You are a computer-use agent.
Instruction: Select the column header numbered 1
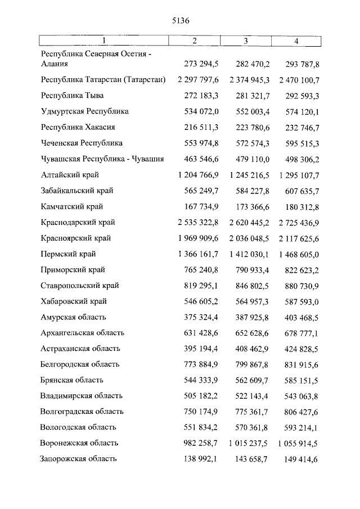click(103, 40)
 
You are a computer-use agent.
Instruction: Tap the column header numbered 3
click(246, 40)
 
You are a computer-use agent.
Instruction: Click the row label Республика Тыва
click(72, 96)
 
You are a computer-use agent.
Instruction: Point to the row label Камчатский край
click(71, 206)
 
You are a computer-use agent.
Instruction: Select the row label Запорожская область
click(78, 459)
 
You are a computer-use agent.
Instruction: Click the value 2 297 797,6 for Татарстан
click(198, 80)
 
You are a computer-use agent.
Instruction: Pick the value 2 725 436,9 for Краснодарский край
click(299, 222)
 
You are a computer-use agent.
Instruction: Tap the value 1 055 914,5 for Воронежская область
click(299, 443)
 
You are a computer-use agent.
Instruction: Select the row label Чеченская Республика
click(82, 143)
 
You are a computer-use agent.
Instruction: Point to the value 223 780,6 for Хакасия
click(249, 127)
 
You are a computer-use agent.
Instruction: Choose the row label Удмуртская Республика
click(84, 111)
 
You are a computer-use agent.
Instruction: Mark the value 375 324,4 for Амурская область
click(201, 317)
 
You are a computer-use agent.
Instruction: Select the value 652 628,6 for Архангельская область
click(249, 333)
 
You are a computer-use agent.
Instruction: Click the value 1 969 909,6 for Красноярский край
click(198, 238)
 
